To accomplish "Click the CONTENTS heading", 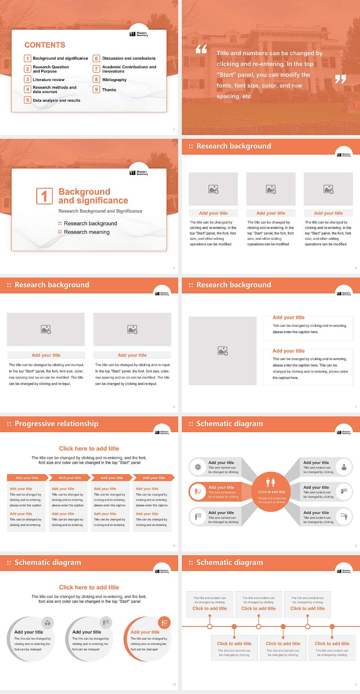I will (45, 45).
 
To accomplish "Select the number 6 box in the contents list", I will (96, 59).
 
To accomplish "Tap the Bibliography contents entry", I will (114, 80).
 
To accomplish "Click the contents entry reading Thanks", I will (109, 90).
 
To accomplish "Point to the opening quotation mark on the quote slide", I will (201, 49).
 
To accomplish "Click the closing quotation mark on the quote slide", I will (340, 79).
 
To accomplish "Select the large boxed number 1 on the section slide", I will (44, 196).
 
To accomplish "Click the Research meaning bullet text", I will (87, 232).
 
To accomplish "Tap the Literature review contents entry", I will (48, 80).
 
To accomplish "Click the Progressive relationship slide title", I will (56, 424).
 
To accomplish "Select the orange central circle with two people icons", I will (271, 491).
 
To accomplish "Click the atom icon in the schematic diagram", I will (198, 467).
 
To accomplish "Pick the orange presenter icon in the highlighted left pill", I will (198, 492).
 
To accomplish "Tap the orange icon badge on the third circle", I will (164, 623).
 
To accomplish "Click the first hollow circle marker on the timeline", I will (210, 626).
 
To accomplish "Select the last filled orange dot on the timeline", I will (332, 626).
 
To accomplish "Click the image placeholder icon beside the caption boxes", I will (223, 351).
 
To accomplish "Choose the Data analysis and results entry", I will (56, 101).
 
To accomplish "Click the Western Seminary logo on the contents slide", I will (139, 34).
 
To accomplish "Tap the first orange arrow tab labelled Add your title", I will (27, 478).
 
